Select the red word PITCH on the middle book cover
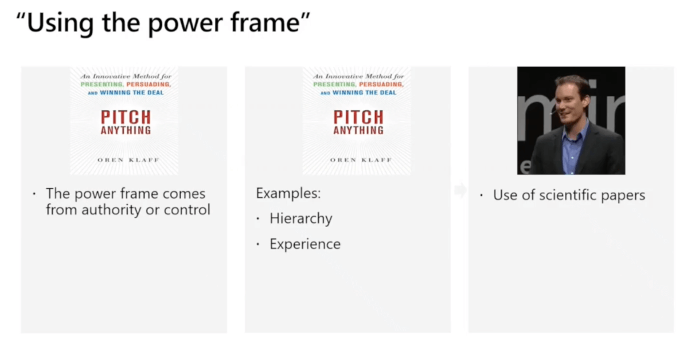[358, 117]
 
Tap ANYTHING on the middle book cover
[358, 130]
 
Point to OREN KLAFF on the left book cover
[124, 160]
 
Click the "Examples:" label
[288, 193]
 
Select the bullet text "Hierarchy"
[300, 218]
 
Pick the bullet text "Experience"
[304, 244]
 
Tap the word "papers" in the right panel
[622, 195]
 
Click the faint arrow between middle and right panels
[460, 190]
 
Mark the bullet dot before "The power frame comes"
[34, 194]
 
